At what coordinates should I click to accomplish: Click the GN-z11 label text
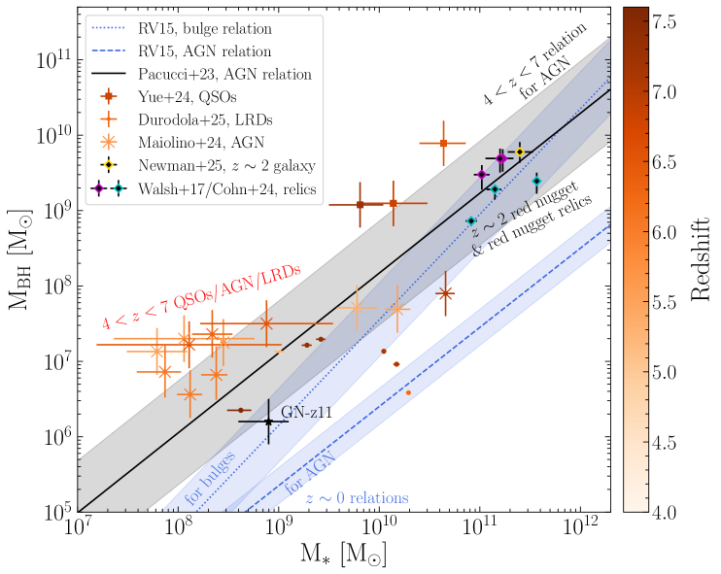pyautogui.click(x=306, y=413)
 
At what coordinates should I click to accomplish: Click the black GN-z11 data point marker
pyautogui.click(x=269, y=422)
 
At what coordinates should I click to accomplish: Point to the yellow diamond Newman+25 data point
pyautogui.click(x=520, y=152)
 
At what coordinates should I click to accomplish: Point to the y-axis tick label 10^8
pyautogui.click(x=50, y=286)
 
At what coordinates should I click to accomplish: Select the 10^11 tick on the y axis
pyautogui.click(x=48, y=60)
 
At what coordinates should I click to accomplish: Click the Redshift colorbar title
pyautogui.click(x=699, y=259)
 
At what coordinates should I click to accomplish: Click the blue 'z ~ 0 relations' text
pyautogui.click(x=357, y=498)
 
